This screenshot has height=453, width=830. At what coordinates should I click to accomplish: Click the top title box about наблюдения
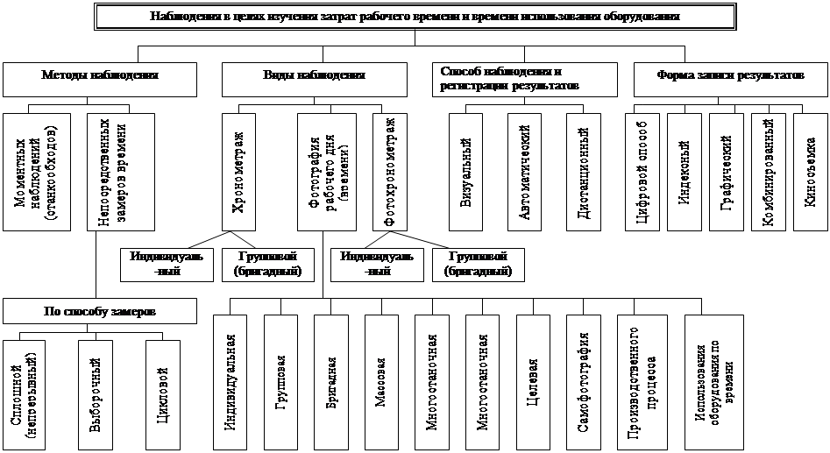pos(414,18)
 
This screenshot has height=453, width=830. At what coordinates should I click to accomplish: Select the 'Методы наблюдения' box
pos(99,77)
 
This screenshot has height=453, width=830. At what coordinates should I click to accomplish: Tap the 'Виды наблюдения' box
pos(314,77)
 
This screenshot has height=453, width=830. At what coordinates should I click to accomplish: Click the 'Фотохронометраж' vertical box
pos(390,172)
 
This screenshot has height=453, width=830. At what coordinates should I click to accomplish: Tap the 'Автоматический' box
pos(527,172)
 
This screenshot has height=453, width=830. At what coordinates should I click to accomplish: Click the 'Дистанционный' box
pos(585,172)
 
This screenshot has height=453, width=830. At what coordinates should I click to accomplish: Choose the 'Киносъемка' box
pos(810,172)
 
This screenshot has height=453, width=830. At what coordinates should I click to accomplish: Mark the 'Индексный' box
pos(684,172)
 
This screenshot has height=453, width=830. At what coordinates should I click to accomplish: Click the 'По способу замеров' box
pos(97,310)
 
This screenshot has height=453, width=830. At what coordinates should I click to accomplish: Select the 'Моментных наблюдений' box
pos(37,172)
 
